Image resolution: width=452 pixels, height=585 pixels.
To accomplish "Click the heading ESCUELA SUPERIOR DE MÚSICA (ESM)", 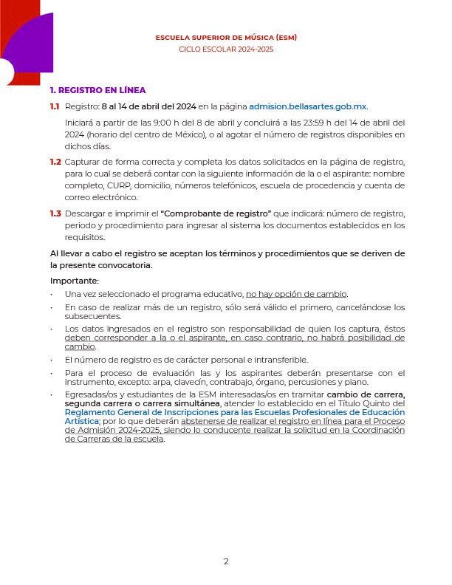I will (226, 37).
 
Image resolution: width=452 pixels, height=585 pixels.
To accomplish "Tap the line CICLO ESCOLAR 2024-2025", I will (226, 49).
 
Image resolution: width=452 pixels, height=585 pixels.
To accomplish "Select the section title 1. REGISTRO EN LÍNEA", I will (92, 90).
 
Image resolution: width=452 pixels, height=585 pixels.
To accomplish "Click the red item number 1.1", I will (55, 106).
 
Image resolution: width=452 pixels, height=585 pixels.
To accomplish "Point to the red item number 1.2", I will (55, 161).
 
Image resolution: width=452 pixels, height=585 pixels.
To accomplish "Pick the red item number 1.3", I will (55, 213).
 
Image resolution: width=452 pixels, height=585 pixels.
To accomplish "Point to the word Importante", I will (74, 281).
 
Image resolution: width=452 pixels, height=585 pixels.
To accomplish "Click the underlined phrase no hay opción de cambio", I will (296, 293).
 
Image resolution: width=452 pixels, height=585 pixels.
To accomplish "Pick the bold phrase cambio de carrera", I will (366, 394).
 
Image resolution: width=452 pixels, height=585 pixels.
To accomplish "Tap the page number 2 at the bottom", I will (226, 561).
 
